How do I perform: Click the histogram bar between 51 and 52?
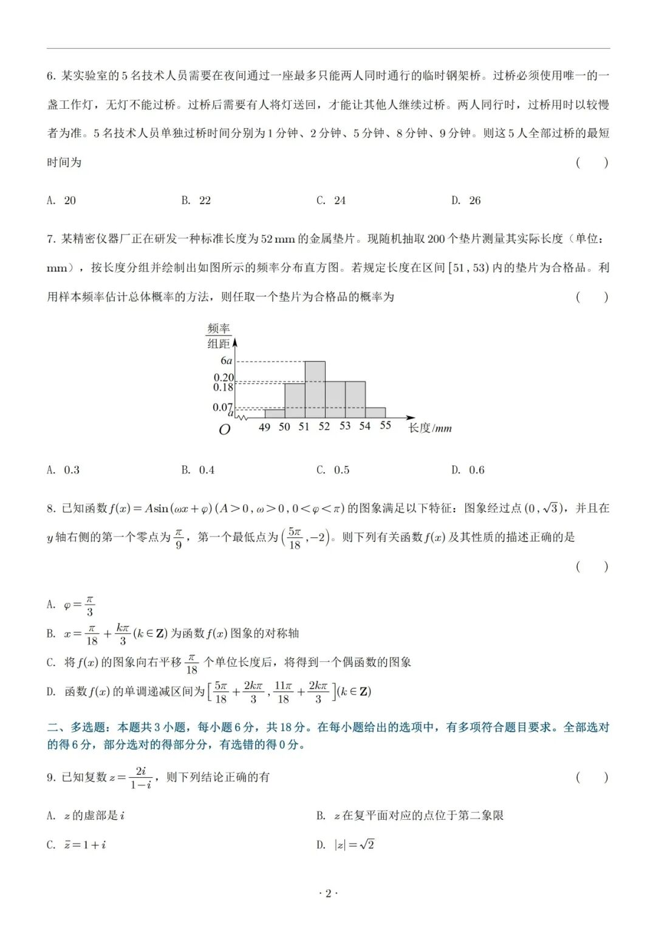(315, 390)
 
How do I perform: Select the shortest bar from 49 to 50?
(275, 414)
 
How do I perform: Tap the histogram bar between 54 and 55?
(375, 413)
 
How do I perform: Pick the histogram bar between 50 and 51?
(295, 400)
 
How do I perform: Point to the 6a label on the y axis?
(226, 361)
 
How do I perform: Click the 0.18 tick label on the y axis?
(224, 387)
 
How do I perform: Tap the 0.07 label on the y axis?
(222, 407)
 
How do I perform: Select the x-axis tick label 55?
(386, 425)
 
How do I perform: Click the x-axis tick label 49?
(264, 427)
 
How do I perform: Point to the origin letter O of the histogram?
(224, 430)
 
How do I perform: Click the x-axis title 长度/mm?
(429, 428)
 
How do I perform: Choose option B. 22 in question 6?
(196, 201)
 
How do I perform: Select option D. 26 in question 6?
(466, 201)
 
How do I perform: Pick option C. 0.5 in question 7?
(333, 470)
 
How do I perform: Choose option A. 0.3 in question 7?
(63, 470)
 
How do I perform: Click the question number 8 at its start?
(51, 509)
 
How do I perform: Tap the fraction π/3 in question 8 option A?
(89, 606)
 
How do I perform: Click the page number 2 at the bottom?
(328, 893)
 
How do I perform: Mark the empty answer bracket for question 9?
(592, 777)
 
